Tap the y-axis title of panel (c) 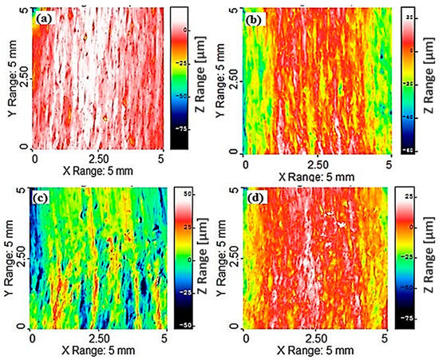(x=10, y=258)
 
